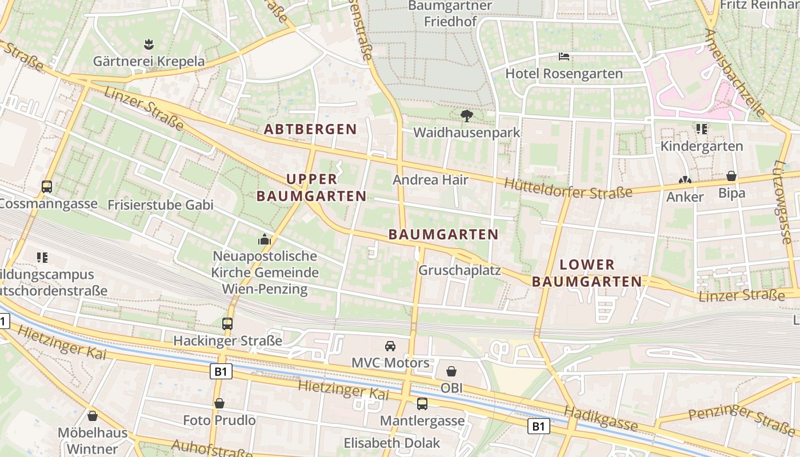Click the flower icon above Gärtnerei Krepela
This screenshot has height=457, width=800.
[149, 44]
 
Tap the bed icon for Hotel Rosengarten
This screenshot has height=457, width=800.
[564, 57]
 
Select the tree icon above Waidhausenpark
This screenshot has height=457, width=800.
[467, 116]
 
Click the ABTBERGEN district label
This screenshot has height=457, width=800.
[310, 129]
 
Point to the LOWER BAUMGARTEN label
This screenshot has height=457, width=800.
[587, 273]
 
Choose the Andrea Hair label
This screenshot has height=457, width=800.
[430, 180]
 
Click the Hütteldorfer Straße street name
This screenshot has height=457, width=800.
[569, 189]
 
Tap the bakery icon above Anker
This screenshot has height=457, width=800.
[685, 179]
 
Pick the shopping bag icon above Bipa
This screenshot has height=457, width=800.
[731, 176]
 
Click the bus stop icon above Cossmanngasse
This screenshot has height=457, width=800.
[47, 187]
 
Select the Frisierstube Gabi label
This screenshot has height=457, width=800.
[160, 205]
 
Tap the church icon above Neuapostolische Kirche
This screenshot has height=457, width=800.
[265, 239]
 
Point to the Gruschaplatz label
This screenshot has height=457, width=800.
[459, 270]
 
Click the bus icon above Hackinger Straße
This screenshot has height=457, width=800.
[227, 324]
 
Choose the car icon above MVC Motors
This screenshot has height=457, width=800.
[390, 346]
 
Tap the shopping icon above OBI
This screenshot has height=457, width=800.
[451, 371]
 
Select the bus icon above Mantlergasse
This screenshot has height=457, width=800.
[422, 404]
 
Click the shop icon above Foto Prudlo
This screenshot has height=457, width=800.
[219, 403]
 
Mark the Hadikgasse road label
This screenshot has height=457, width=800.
[601, 419]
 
